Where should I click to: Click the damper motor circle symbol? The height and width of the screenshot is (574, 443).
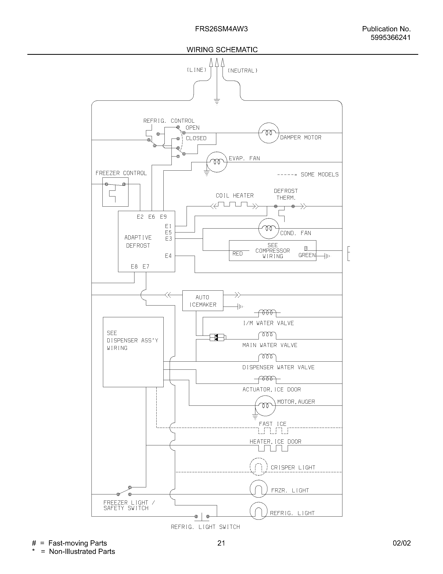pos(268,133)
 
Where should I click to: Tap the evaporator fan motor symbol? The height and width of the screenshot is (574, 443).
pos(217,162)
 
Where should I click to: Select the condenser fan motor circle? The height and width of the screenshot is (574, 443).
pos(268,228)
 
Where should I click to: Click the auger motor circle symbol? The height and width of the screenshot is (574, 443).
pos(265,405)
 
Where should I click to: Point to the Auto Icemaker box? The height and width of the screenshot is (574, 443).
pos(202,301)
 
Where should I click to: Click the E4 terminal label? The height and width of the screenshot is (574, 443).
pos(168,256)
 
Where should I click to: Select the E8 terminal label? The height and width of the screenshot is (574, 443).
pos(134,266)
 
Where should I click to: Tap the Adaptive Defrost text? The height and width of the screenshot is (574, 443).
pos(138,241)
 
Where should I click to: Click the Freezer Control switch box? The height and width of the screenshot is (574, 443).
pos(115,192)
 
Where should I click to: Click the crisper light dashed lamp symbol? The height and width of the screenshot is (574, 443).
pos(259,467)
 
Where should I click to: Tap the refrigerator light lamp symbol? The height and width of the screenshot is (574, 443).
pos(259,511)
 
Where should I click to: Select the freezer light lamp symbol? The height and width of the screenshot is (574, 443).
pos(259,489)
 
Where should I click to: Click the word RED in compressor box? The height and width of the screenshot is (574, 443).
pos(237,254)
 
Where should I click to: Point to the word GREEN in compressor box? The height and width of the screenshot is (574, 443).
pos(307,255)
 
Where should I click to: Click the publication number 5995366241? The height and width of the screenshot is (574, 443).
pos(390,38)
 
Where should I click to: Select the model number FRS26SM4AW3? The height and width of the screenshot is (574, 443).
pos(221,29)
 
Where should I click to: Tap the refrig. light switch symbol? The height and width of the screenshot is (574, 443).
pos(202,516)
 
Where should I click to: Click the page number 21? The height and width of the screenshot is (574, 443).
pos(221,543)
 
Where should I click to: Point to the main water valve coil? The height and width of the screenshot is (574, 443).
pos(267,335)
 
